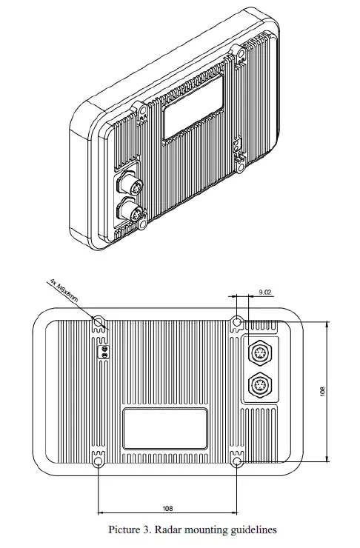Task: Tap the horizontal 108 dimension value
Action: tap(167, 509)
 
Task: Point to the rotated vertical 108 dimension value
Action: tap(322, 390)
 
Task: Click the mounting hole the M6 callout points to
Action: tap(99, 322)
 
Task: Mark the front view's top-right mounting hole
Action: tap(236, 322)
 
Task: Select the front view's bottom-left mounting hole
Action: tap(99, 462)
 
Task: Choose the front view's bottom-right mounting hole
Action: tap(236, 462)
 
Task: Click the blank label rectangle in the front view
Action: tap(164, 428)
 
